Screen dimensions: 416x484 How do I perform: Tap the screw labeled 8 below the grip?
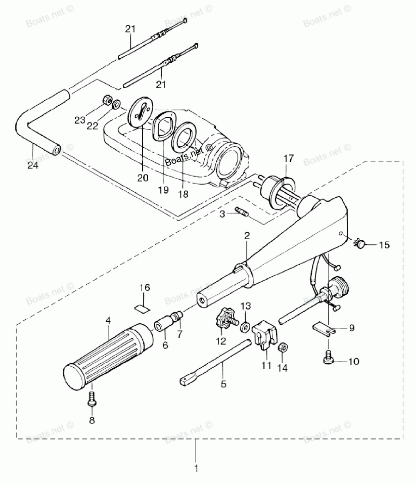point(92,399)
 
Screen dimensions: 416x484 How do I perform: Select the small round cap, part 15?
point(360,243)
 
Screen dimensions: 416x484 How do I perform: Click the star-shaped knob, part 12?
point(225,320)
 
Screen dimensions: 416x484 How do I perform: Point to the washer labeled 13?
point(245,327)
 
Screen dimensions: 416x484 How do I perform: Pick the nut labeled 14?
point(283,347)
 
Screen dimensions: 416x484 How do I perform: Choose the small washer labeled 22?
point(116,104)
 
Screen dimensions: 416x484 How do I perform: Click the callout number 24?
point(33,166)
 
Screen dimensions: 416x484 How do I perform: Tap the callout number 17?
point(289,159)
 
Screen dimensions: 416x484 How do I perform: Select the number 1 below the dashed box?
point(196,468)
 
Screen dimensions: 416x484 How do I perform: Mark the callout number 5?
point(223,384)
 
